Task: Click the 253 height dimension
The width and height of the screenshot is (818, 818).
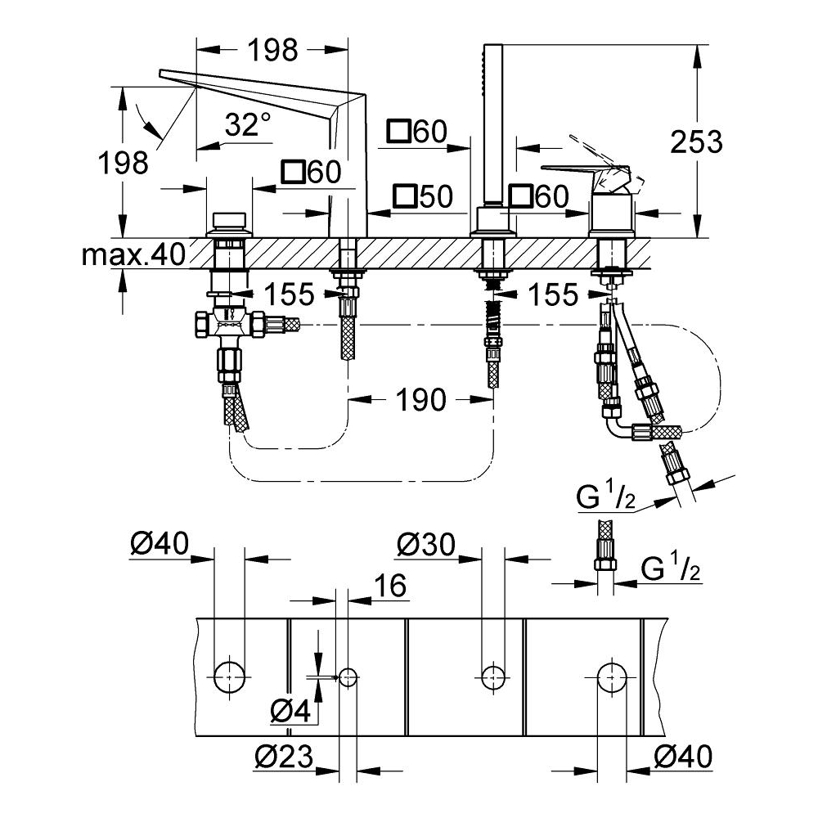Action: tap(696, 142)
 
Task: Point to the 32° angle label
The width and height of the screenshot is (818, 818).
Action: tap(249, 124)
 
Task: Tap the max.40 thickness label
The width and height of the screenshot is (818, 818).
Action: tap(133, 254)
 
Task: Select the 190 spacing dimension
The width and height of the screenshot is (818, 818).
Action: tap(421, 400)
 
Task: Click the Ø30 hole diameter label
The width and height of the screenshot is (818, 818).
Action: tap(426, 545)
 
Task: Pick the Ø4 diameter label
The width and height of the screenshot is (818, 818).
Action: tap(290, 710)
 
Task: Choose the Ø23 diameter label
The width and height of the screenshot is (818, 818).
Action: tap(285, 756)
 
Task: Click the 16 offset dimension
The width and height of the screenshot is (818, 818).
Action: tap(390, 586)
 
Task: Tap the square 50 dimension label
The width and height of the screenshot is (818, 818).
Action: tap(423, 196)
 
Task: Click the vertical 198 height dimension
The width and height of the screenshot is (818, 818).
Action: tap(124, 163)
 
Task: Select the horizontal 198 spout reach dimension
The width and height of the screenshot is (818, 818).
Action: tap(272, 50)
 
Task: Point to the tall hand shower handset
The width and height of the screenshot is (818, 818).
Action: tap(493, 125)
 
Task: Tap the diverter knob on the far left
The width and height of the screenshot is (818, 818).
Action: tap(229, 224)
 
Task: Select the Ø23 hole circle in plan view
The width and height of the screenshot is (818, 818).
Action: tap(348, 677)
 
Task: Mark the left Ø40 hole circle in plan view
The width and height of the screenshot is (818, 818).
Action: tap(230, 677)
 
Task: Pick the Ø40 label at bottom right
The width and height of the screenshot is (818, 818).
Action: tap(683, 756)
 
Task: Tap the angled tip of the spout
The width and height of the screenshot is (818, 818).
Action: tap(160, 71)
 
